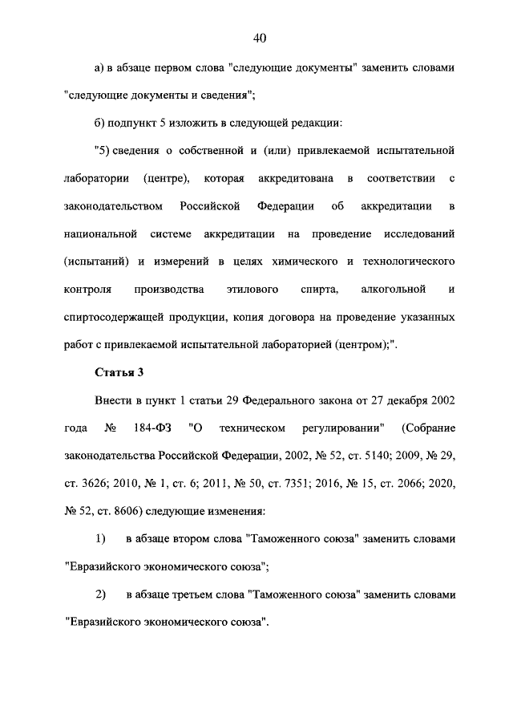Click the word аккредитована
click(289, 177)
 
